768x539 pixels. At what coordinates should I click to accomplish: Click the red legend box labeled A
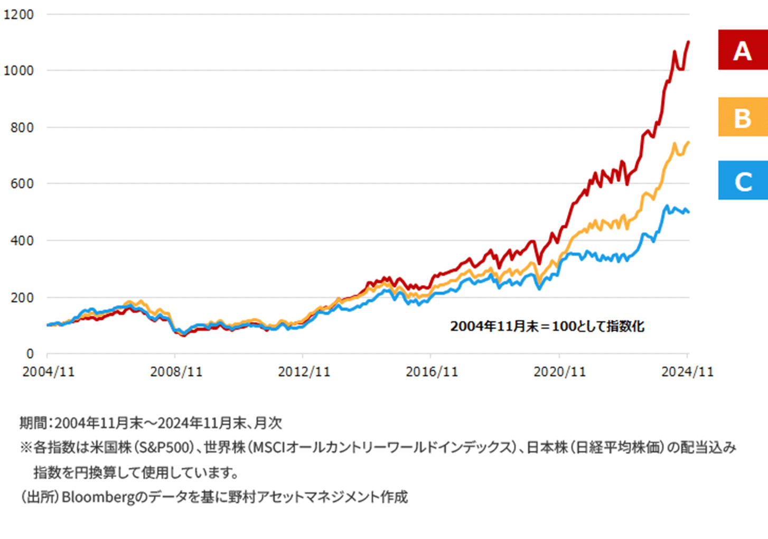pos(742,50)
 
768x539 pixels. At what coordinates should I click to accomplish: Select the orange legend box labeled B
pos(742,117)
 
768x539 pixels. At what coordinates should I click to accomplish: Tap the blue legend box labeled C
pos(742,181)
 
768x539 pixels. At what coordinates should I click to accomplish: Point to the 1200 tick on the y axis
pos(18,14)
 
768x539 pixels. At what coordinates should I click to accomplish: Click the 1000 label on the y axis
pos(18,70)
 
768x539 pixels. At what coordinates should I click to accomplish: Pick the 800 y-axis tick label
pos(22,127)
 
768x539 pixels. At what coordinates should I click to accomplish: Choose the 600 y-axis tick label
pos(22,183)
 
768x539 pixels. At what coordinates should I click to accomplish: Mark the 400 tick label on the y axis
pos(22,240)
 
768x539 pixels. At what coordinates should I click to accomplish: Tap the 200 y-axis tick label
pos(22,298)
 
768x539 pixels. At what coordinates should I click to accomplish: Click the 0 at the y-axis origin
pos(30,354)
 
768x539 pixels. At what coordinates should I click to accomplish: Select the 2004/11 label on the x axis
pos(48,371)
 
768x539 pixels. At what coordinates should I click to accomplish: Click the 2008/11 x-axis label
pos(176,371)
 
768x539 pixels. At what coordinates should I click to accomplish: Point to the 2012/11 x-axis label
pos(304,371)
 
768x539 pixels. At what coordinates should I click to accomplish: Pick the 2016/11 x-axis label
pos(432,371)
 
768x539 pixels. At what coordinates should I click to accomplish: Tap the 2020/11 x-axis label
pos(559,371)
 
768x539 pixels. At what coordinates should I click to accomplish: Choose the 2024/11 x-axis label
pos(687,371)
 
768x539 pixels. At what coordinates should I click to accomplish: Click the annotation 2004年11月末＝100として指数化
pos(547,326)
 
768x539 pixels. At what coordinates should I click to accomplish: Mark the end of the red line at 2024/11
pos(688,42)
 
